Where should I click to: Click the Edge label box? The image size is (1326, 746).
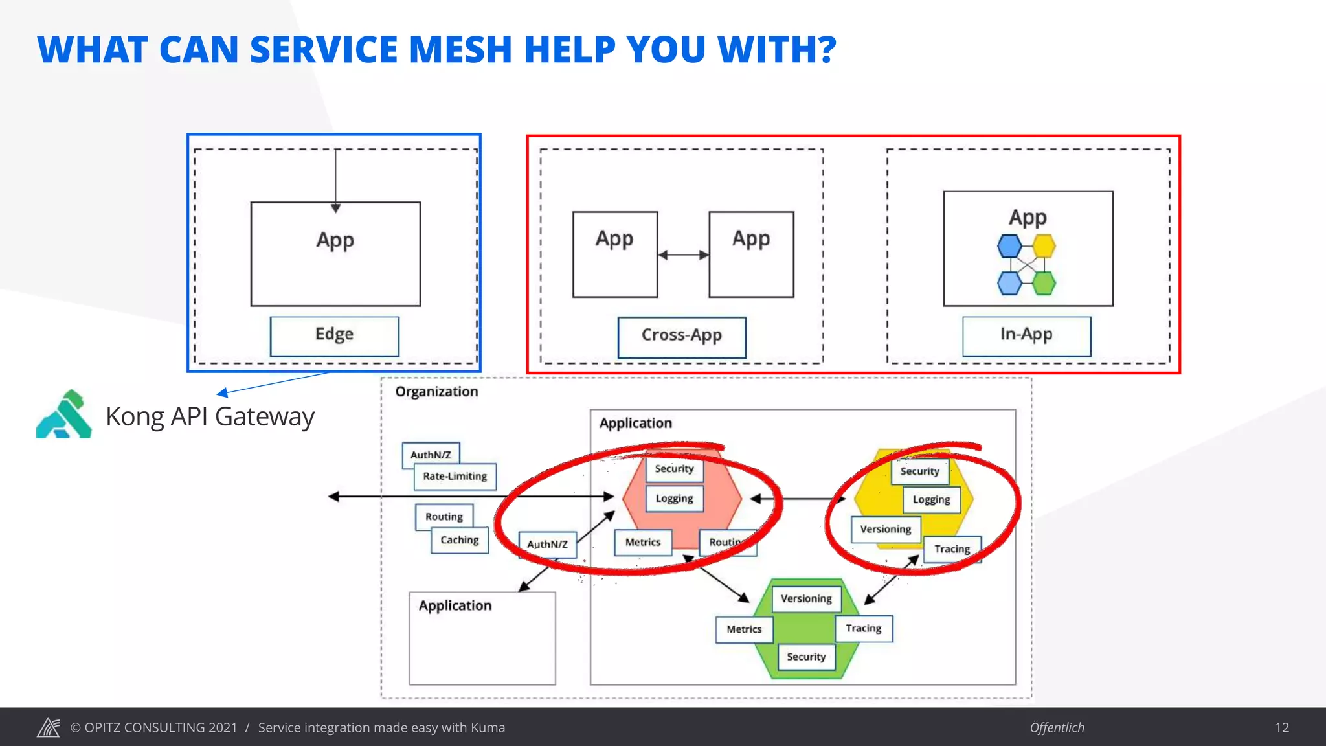[334, 335]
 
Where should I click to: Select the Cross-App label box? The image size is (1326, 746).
[681, 337]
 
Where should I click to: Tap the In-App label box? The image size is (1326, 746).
[1026, 335]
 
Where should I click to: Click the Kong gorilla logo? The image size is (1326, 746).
[63, 414]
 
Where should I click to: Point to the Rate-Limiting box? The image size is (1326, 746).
[455, 477]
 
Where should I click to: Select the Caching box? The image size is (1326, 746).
[460, 541]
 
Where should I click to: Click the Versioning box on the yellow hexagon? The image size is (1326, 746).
[885, 530]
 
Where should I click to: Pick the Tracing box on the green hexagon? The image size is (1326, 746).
[864, 629]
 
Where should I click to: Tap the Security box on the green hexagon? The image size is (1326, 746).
[806, 657]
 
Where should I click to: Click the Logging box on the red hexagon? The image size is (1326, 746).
[674, 499]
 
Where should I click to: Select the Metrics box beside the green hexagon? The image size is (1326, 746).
[744, 629]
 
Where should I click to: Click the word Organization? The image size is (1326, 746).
[436, 392]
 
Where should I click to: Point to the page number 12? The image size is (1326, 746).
[1281, 728]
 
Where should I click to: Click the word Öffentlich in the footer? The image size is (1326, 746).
[1057, 728]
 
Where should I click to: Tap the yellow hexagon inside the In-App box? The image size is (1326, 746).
[1044, 246]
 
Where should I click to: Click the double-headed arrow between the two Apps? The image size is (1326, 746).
[683, 255]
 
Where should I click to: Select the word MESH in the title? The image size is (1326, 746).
[460, 50]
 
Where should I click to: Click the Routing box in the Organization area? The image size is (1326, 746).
[444, 517]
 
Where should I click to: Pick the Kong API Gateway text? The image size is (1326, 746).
[210, 416]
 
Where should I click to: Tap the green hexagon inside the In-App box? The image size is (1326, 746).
[1044, 283]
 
